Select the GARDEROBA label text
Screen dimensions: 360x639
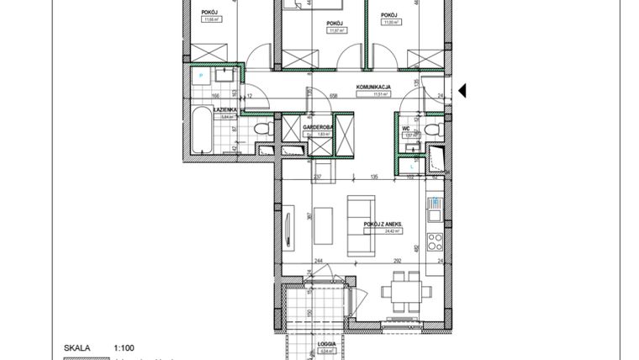tap(318, 127)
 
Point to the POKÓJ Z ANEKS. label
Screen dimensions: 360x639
tap(383, 225)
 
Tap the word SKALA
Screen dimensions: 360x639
tap(77, 347)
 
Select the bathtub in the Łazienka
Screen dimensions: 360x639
tap(202, 130)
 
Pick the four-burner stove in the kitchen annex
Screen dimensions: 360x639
tap(435, 241)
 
